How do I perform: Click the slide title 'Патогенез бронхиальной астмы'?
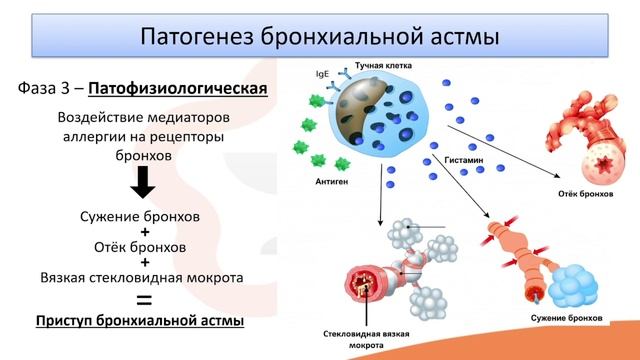[x=319, y=37]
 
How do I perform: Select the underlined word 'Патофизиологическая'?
[x=178, y=90]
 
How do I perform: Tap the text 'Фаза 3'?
[x=46, y=90]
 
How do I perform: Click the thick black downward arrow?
[x=143, y=183]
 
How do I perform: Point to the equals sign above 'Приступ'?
[x=144, y=299]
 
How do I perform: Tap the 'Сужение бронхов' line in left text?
[x=143, y=215]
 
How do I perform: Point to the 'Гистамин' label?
[x=461, y=159]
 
